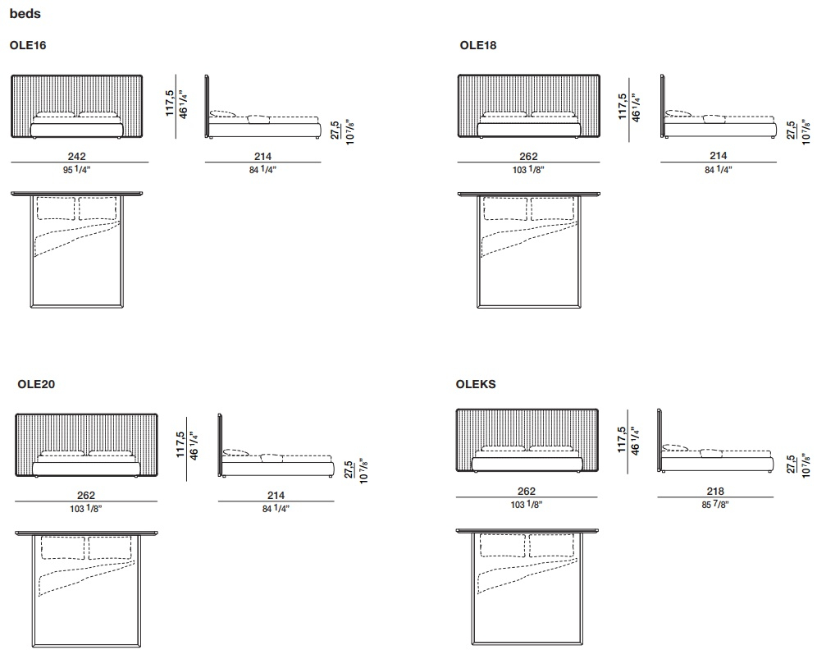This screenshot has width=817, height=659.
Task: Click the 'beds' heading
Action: (25, 14)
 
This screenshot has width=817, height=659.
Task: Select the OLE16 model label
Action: (28, 45)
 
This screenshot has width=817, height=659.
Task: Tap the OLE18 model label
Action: (477, 45)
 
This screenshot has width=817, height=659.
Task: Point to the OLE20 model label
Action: (36, 384)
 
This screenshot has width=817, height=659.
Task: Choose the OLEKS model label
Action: (476, 384)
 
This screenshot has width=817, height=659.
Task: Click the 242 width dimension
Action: (76, 156)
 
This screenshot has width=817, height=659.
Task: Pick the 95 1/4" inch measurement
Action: (76, 169)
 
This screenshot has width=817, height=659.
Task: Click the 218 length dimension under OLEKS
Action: (715, 491)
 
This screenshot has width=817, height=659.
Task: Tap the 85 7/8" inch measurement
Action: (715, 505)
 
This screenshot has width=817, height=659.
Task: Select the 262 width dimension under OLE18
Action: (528, 156)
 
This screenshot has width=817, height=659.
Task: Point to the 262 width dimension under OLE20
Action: (86, 496)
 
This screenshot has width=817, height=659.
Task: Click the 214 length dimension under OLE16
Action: (262, 156)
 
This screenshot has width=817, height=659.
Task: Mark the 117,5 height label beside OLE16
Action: (170, 103)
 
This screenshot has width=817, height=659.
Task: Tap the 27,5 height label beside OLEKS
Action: (792, 464)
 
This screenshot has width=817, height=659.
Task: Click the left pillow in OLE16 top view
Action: (56, 208)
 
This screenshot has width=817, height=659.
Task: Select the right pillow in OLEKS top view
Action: (550, 546)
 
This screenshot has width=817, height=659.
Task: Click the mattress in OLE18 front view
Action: (529, 130)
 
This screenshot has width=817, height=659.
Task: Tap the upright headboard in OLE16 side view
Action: (207, 107)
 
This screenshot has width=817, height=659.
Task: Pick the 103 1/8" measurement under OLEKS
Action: (527, 505)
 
